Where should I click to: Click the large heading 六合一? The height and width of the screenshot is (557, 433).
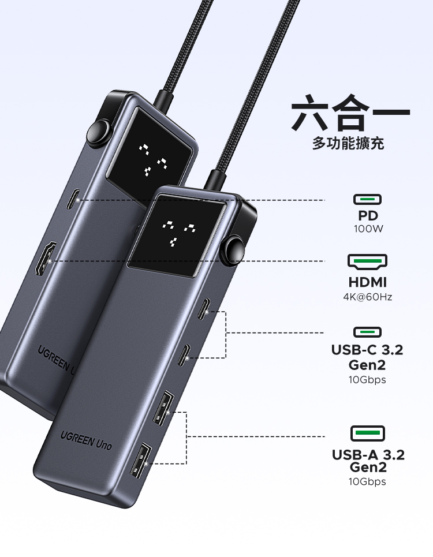click(350, 114)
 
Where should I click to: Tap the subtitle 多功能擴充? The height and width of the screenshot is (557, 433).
click(348, 143)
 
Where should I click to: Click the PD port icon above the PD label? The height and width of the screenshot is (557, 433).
click(367, 200)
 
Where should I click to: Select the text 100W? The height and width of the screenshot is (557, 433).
click(368, 229)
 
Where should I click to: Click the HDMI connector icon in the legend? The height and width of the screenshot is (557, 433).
click(367, 263)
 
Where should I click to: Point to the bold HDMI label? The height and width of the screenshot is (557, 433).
click(367, 283)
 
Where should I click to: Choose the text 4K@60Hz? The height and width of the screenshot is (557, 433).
click(367, 297)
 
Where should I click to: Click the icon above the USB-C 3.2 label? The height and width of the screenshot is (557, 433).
click(367, 332)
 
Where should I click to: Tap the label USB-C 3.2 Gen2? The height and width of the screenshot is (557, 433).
click(367, 357)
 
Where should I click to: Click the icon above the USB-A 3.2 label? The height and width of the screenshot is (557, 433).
click(367, 433)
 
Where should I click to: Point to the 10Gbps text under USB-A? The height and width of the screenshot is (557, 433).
click(367, 482)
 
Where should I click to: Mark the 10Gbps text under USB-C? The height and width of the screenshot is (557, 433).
click(367, 380)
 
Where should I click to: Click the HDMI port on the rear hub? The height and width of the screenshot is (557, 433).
click(44, 260)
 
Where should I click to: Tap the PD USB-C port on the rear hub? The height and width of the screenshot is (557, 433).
click(72, 200)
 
